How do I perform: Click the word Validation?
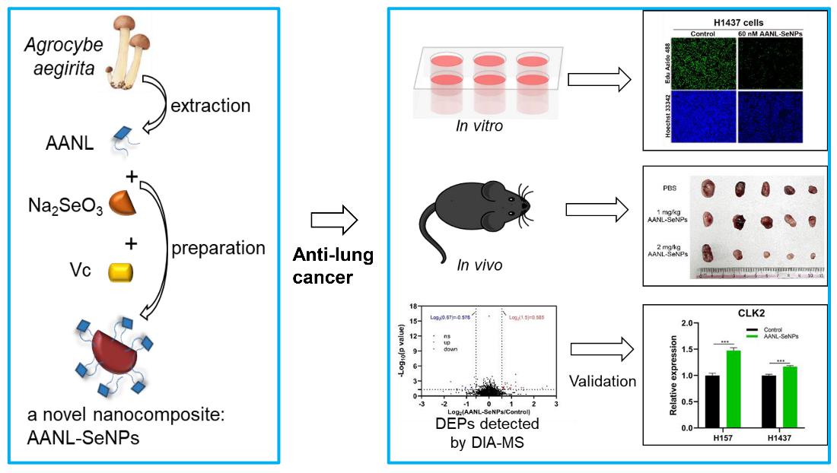tap(602, 381)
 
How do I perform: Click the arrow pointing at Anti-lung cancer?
tap(334, 221)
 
